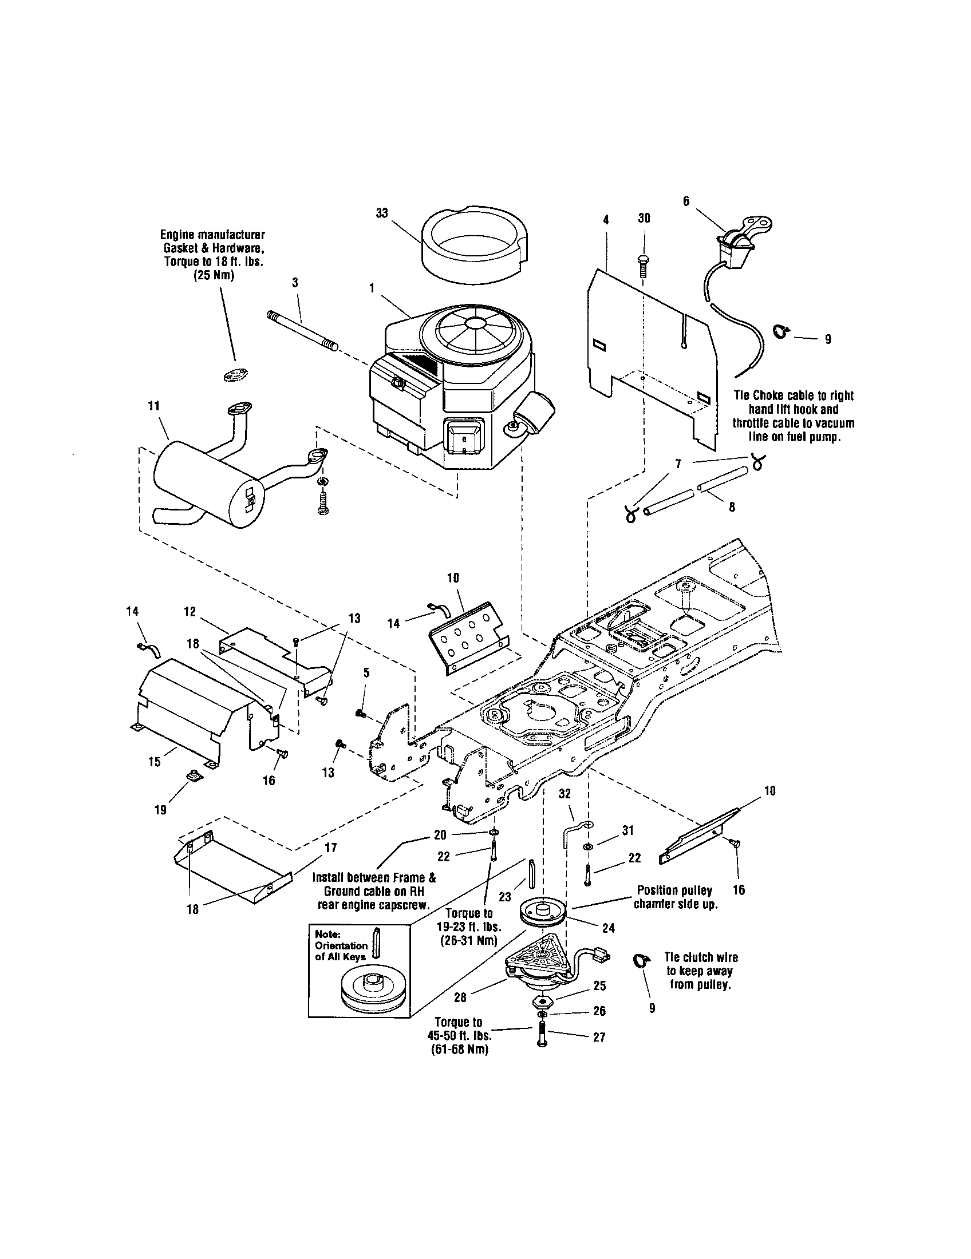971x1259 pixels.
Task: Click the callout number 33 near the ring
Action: coord(382,213)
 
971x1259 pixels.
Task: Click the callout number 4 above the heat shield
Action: coord(606,219)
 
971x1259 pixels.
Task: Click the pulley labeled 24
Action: coord(542,916)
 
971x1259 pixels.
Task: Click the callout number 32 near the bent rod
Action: coord(565,794)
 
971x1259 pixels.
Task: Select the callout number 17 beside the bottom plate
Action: coord(331,848)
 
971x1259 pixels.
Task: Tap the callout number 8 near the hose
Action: coord(732,508)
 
